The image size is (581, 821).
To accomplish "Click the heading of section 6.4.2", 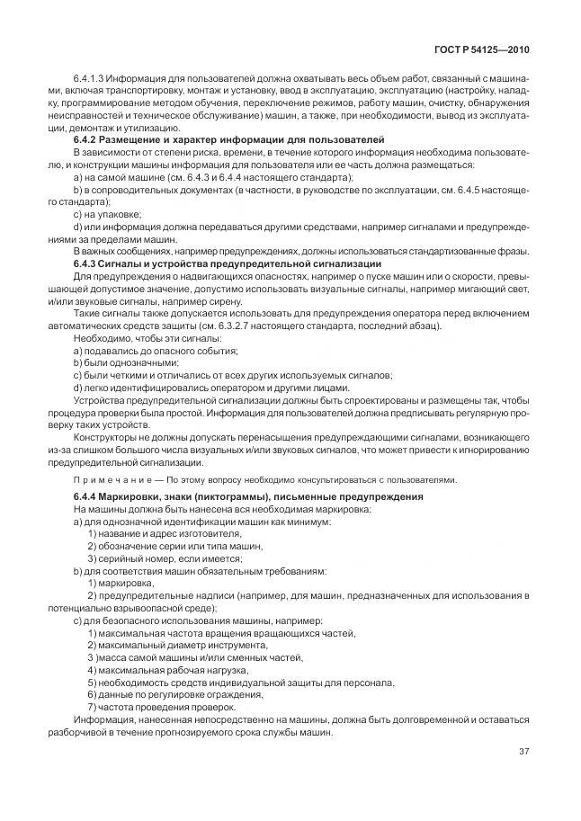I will click(x=228, y=140).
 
